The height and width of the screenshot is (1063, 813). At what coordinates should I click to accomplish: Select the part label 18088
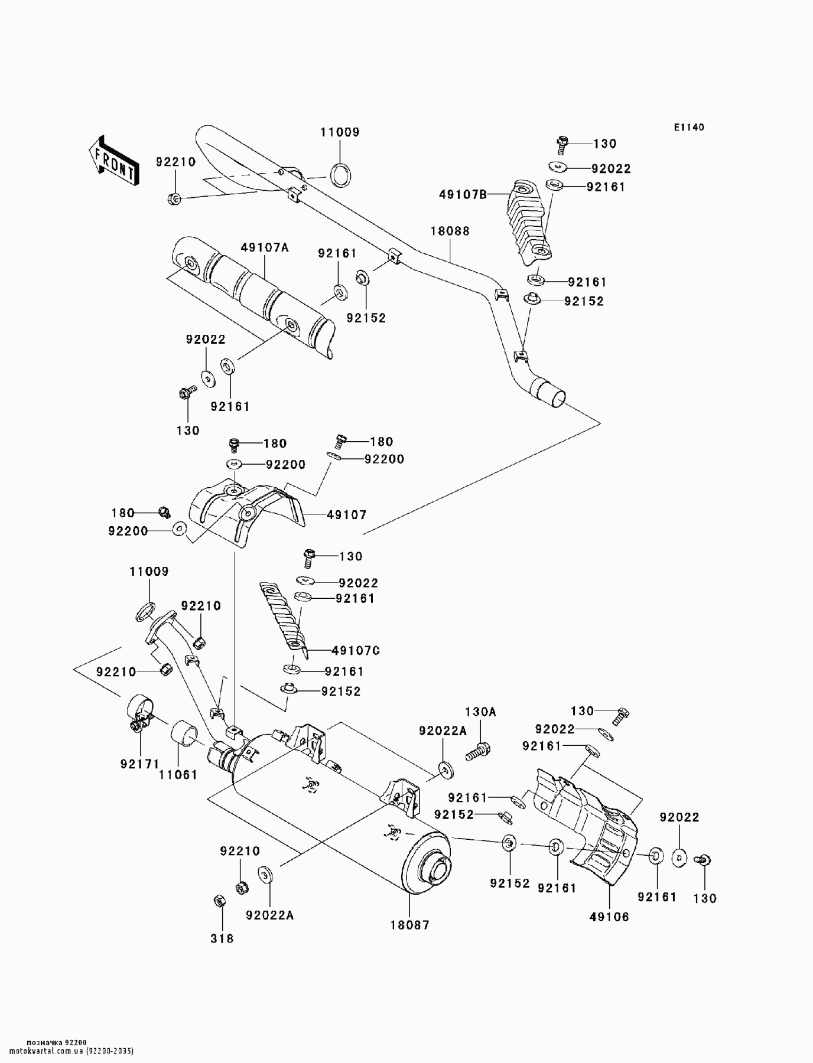450,231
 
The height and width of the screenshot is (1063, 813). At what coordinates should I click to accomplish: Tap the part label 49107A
265,248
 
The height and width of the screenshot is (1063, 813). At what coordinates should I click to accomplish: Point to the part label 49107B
463,194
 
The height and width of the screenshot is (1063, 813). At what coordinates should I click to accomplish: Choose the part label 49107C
355,650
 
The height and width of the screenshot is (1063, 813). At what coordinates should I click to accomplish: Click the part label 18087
409,924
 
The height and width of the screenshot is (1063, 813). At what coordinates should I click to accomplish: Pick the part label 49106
609,917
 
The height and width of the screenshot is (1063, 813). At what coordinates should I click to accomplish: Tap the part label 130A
480,712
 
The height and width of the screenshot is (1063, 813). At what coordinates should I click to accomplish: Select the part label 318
222,938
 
